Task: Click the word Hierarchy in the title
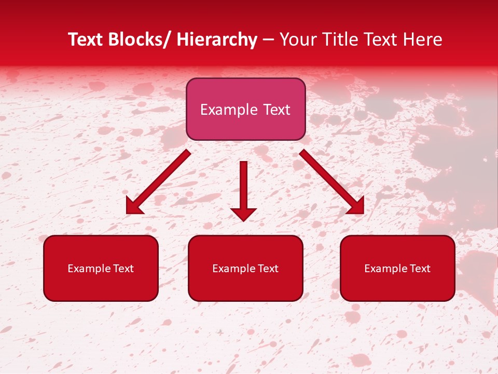(217, 39)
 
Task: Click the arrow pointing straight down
(243, 187)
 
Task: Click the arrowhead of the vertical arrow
(243, 213)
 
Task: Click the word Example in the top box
(229, 110)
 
